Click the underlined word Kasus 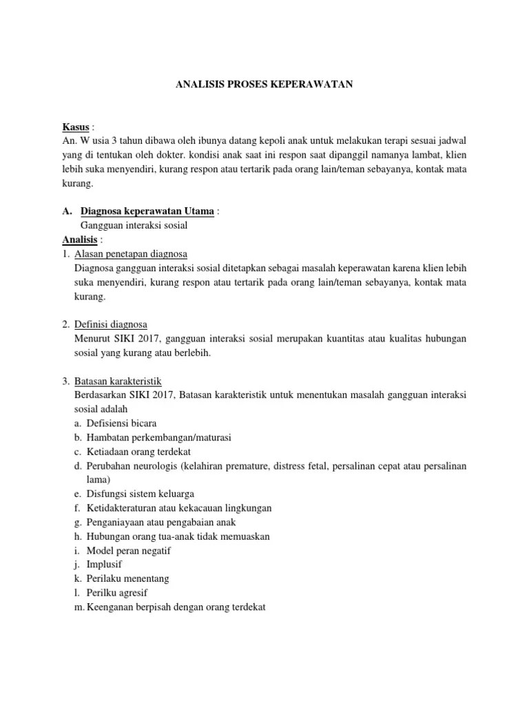coord(76,127)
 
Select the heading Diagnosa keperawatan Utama coord(148,211)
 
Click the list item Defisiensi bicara coord(121,423)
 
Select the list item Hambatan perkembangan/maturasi coord(159,437)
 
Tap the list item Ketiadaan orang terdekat coord(137,451)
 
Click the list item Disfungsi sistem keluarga coord(140,494)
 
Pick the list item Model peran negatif coord(128,550)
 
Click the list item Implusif coord(104,565)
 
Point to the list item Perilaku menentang coord(127,578)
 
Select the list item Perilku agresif coord(117,593)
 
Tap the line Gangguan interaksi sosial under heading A coord(134,225)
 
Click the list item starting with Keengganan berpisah coord(176,607)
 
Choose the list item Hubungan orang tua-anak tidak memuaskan coord(178,536)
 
